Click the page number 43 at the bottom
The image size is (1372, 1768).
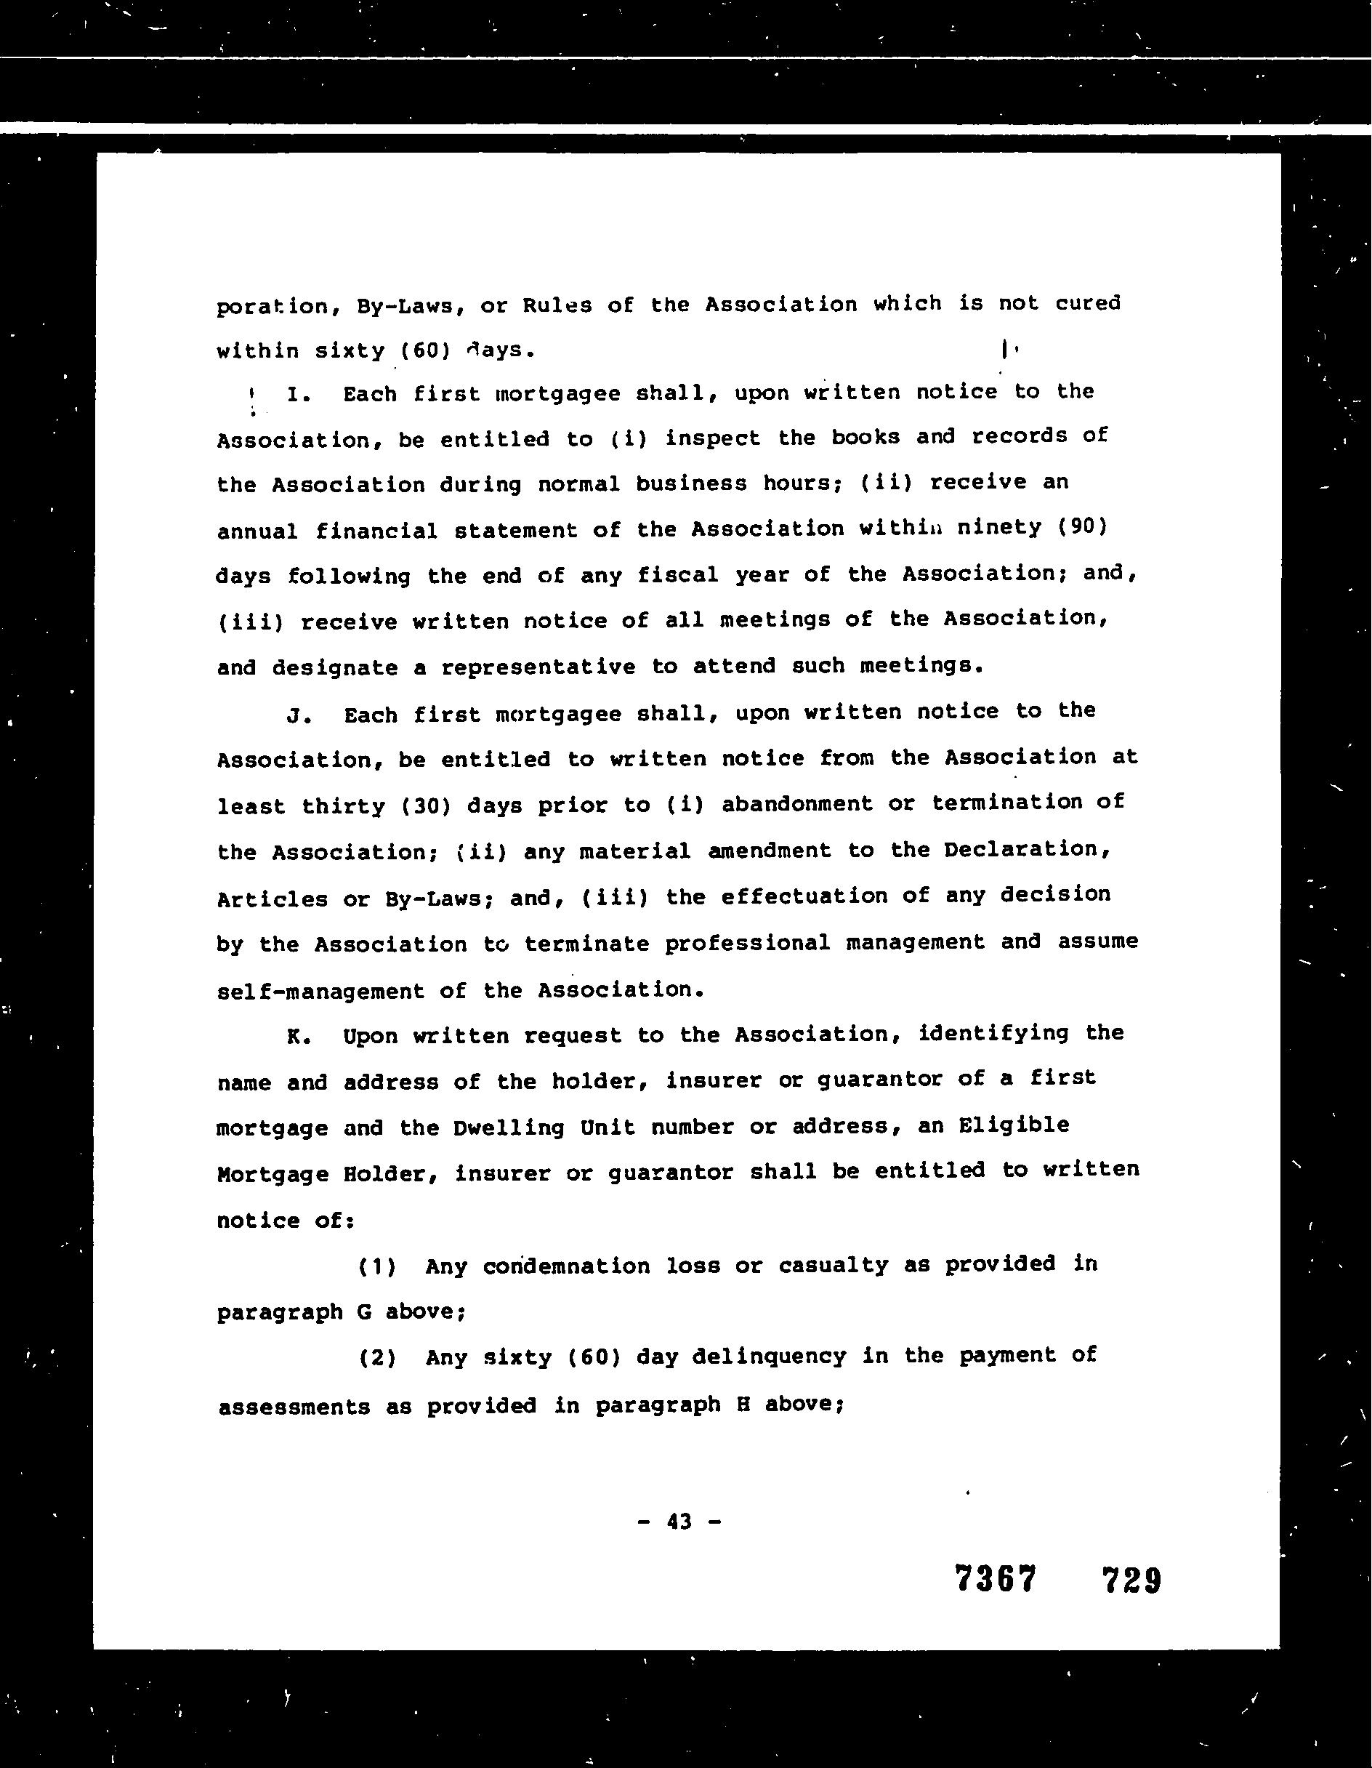point(679,1522)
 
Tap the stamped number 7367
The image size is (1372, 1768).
point(995,1580)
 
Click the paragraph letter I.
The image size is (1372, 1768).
point(294,395)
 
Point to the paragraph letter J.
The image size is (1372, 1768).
point(294,715)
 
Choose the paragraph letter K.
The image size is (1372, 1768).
point(294,1037)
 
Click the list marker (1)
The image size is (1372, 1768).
point(377,1267)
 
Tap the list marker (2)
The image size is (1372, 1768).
point(377,1357)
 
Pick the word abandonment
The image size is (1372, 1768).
point(796,804)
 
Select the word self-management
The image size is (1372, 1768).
point(320,992)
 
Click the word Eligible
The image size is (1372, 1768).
point(1014,1125)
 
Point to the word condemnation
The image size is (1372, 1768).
point(566,1266)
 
